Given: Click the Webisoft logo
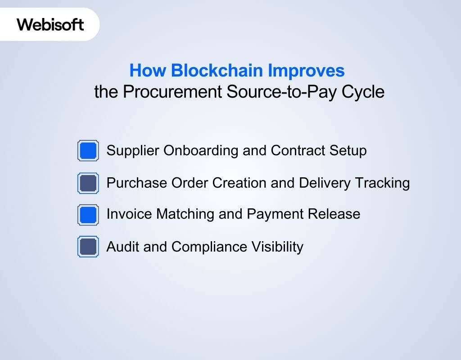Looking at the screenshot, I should point(50,24).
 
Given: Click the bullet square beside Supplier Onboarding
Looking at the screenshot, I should point(88,150).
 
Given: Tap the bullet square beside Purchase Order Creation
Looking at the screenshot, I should point(88,183).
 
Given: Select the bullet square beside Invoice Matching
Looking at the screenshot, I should point(88,215).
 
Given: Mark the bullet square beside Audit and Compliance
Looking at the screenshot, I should point(88,247).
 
